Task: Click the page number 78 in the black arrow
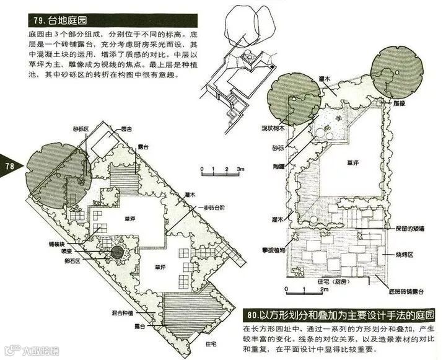tap(10, 166)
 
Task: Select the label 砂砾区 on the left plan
tap(80, 128)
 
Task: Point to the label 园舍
tap(126, 128)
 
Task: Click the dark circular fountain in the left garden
tap(116, 252)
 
